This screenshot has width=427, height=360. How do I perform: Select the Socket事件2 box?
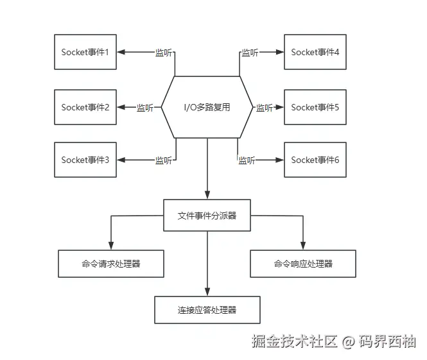(85, 107)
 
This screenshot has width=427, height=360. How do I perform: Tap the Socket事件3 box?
(85, 160)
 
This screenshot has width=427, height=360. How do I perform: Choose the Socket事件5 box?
(315, 107)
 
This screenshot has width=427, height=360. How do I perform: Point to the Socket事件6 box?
(315, 160)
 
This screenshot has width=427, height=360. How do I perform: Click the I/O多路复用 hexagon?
(207, 107)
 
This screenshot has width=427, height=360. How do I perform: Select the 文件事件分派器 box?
(207, 216)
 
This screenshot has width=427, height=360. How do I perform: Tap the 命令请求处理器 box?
(111, 264)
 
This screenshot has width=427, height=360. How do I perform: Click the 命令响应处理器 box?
(303, 264)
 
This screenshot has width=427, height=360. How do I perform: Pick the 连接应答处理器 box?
(207, 310)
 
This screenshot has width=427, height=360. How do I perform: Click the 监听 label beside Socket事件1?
(164, 53)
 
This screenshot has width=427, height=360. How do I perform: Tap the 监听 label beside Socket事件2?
(145, 108)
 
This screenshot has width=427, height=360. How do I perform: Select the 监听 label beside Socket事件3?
(164, 160)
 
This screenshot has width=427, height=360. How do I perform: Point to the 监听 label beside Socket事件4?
(250, 53)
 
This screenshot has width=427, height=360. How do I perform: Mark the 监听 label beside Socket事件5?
(265, 108)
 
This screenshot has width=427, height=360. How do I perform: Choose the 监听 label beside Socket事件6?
(247, 160)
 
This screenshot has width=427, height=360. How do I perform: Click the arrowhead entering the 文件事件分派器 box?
(207, 195)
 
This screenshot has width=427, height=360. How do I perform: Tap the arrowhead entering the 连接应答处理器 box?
(207, 292)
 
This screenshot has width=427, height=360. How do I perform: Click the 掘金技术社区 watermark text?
(294, 341)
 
